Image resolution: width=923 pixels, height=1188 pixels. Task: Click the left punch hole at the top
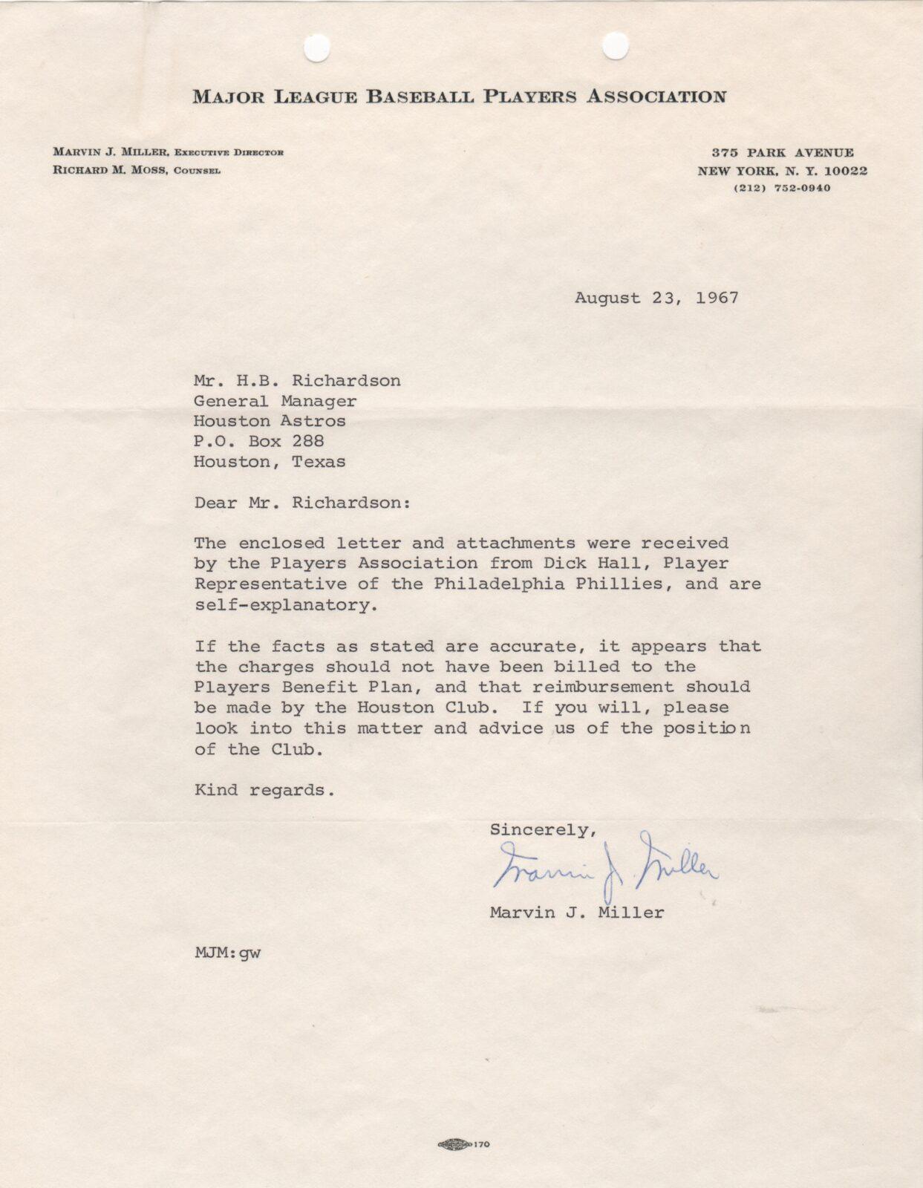(x=317, y=49)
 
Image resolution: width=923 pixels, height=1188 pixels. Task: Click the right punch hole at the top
(x=615, y=46)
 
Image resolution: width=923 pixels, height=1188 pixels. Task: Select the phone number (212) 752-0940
(x=782, y=189)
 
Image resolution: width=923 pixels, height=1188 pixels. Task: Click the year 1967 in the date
(x=717, y=298)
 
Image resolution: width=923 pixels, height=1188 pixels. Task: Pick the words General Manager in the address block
(x=275, y=402)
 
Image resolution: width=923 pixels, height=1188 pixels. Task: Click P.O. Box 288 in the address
(x=258, y=442)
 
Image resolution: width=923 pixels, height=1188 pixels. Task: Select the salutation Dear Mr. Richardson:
(x=301, y=503)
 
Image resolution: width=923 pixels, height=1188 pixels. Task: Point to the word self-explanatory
(x=281, y=605)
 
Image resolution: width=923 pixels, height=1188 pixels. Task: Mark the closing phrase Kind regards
(x=264, y=790)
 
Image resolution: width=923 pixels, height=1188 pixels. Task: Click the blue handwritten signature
(x=605, y=864)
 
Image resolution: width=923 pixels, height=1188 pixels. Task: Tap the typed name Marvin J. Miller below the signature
(x=577, y=913)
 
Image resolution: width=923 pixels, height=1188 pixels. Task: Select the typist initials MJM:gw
(x=227, y=953)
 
